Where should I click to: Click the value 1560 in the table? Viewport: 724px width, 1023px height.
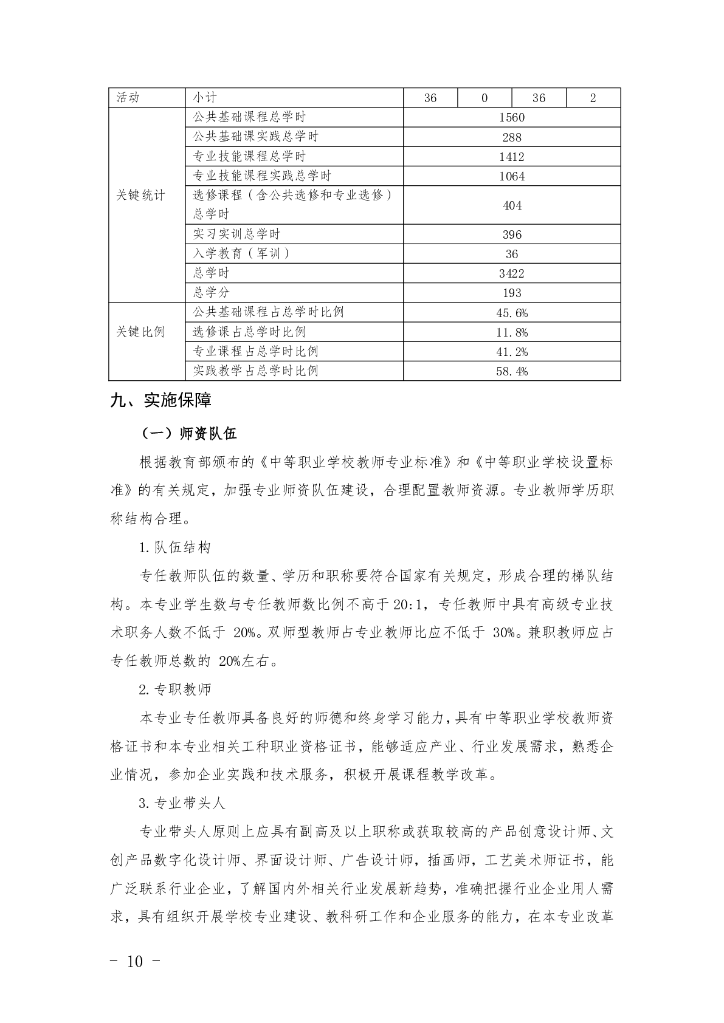[512, 117]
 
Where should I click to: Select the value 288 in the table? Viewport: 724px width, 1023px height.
[512, 137]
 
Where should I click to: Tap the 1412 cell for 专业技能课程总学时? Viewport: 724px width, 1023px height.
[512, 157]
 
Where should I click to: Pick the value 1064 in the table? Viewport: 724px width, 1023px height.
[512, 176]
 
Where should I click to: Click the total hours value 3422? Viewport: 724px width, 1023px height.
[512, 273]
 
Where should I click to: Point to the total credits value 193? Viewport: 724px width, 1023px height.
[512, 293]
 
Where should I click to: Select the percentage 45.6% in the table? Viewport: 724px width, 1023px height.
[512, 313]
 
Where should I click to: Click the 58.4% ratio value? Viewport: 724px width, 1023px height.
[512, 371]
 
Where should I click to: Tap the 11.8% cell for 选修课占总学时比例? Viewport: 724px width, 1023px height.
[512, 332]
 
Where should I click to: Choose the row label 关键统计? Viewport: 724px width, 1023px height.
[140, 196]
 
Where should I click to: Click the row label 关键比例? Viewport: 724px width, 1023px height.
[140, 332]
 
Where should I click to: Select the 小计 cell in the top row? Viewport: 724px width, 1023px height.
[205, 98]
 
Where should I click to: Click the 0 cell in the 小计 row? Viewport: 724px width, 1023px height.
[484, 98]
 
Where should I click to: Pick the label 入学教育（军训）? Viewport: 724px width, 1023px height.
[241, 254]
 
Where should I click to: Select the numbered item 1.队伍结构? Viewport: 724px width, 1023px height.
[175, 547]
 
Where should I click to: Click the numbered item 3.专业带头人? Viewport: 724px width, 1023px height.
[182, 803]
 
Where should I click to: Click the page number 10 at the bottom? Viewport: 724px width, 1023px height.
[136, 962]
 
